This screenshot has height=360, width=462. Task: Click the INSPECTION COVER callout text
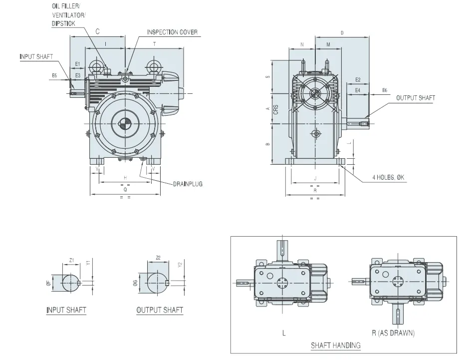click(172, 32)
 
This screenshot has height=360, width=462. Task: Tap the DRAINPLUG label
click(188, 184)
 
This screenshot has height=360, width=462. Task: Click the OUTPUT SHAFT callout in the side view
click(415, 98)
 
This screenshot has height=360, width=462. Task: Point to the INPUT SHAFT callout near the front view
click(36, 56)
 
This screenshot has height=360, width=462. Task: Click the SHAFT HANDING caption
click(335, 345)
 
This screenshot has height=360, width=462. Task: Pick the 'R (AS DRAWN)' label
click(393, 333)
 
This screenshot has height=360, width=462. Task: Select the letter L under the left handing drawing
click(283, 333)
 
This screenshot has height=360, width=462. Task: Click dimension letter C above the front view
click(98, 31)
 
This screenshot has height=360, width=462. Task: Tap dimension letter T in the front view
click(154, 44)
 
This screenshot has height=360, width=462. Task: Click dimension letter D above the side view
click(342, 33)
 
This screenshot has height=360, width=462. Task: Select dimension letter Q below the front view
click(125, 190)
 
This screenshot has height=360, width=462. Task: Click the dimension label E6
click(384, 90)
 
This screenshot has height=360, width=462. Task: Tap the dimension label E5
click(54, 75)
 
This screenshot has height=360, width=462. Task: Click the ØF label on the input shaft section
click(48, 283)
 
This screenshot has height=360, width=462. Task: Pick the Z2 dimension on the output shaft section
click(158, 258)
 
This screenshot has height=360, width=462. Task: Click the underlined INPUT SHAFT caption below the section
click(66, 310)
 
